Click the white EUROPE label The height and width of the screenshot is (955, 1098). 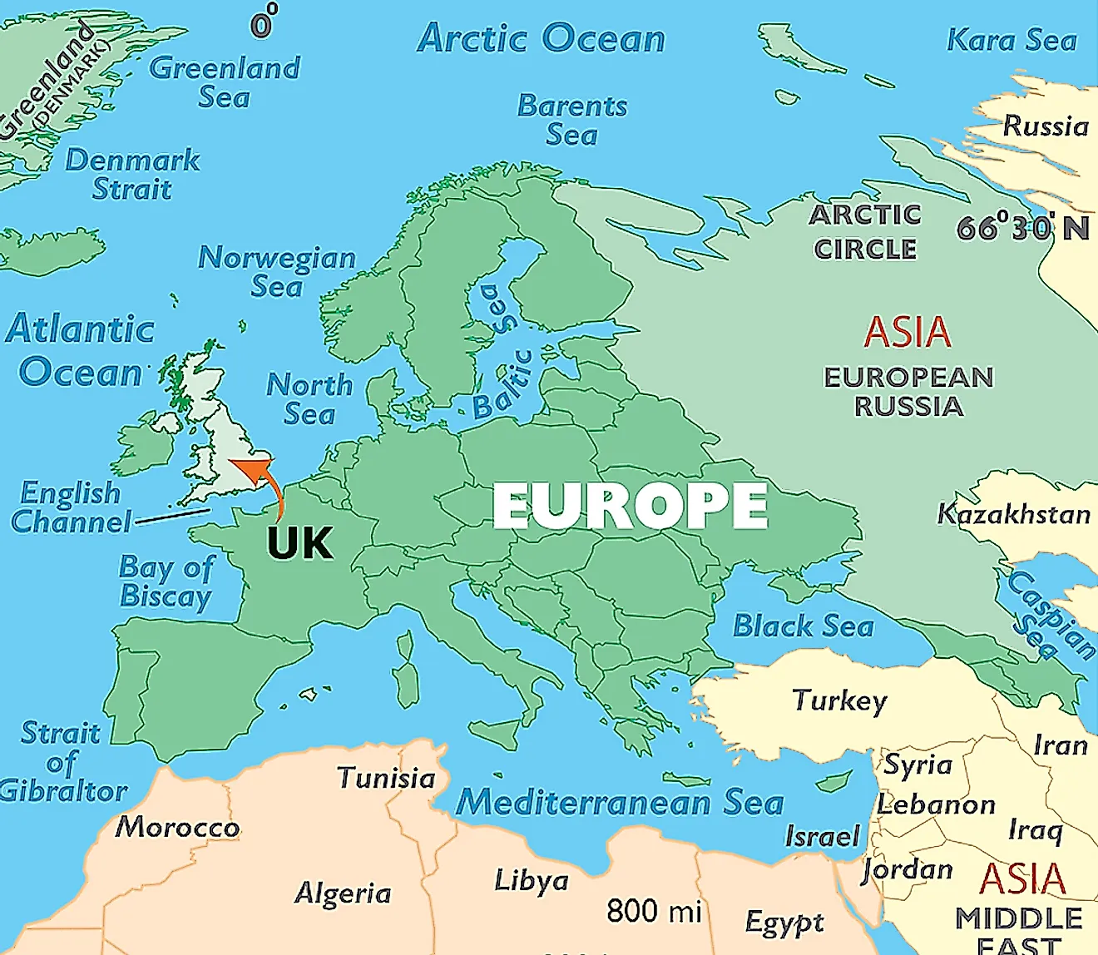(630, 506)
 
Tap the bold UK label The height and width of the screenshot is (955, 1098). (299, 544)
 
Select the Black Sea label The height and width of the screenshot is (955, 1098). (803, 626)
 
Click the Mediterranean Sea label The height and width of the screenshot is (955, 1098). (620, 802)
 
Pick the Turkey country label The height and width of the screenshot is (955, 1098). (839, 700)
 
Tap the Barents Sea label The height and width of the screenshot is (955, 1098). (572, 120)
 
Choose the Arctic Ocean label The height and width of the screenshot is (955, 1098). (542, 38)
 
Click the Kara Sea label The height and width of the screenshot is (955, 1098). (1011, 40)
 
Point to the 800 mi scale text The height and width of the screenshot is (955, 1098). (655, 911)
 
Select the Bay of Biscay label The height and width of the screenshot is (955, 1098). (166, 581)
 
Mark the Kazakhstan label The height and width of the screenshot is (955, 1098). (1014, 514)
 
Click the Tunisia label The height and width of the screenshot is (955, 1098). (386, 778)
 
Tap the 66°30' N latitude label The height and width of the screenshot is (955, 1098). (1022, 227)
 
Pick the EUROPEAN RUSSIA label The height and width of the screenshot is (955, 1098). (908, 392)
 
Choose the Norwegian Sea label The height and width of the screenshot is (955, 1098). (277, 271)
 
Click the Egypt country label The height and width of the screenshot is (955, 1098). (784, 922)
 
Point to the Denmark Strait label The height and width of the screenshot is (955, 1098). (132, 174)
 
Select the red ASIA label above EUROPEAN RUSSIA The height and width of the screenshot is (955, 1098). (907, 333)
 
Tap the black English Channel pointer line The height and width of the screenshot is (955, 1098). (172, 517)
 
